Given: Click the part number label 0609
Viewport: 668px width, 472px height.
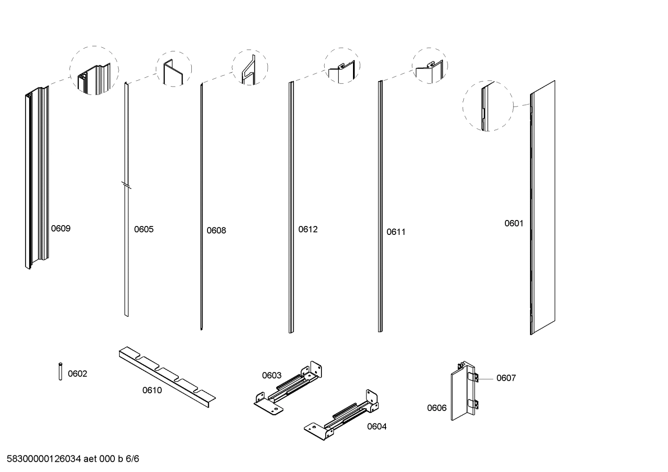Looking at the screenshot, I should coord(61,228).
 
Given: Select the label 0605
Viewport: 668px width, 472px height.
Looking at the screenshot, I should coord(144,229).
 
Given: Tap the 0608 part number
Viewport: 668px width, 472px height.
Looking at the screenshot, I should coord(216,231).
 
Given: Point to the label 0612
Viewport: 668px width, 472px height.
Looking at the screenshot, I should coord(308,229).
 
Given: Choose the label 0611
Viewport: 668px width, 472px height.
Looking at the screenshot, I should coord(396,232).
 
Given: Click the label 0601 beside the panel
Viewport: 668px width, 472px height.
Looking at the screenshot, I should coord(514,223).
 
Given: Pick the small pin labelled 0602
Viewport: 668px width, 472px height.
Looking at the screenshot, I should coord(60,371).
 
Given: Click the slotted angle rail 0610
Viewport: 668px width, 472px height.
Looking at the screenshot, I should coord(167,376).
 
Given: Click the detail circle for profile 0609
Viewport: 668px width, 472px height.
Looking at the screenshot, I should coord(94,70).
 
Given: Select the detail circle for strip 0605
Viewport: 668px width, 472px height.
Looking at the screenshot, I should coord(174,69).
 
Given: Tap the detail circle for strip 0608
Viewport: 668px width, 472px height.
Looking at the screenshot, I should coord(250,68).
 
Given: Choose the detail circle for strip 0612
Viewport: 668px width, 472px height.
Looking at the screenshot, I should coord(342,66).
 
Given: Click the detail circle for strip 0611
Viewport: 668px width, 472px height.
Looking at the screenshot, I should coord(430,66).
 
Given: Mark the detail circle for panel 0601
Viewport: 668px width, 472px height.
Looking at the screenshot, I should coord(488,106).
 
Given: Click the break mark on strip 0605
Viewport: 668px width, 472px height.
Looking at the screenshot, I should coord(126,185).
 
